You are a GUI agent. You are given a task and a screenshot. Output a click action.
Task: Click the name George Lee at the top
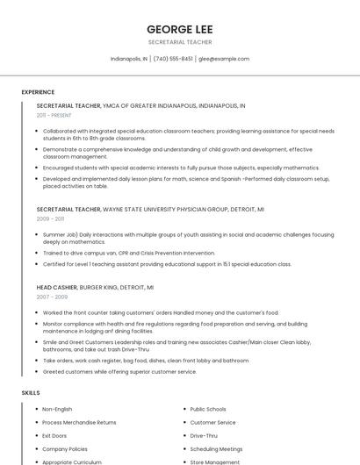[x=179, y=28]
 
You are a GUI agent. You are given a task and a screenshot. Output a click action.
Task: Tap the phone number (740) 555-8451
[x=173, y=59]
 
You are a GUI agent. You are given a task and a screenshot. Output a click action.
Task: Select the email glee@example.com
[x=224, y=59]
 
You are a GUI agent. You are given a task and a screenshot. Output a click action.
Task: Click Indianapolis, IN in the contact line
[x=129, y=59]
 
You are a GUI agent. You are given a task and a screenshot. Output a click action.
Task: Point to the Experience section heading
[x=38, y=92]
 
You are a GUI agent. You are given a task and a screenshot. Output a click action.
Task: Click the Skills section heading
[x=31, y=392]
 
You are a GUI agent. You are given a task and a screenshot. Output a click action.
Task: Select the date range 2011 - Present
[x=54, y=115]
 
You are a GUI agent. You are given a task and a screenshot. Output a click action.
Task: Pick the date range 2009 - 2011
[x=50, y=219]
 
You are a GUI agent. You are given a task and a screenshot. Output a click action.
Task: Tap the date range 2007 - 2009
[x=51, y=297]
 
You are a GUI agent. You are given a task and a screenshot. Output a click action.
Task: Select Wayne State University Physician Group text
[x=171, y=210]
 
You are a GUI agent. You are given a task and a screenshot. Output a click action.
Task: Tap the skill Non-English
[x=57, y=410]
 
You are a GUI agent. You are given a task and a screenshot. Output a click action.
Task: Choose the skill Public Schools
[x=208, y=410]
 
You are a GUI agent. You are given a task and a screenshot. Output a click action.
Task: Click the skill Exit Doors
[x=54, y=435]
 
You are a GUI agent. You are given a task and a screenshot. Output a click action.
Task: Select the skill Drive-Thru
[x=204, y=435]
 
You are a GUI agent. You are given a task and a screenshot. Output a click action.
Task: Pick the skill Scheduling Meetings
[x=216, y=448]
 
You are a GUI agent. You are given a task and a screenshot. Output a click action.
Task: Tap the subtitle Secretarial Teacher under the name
[x=179, y=42]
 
